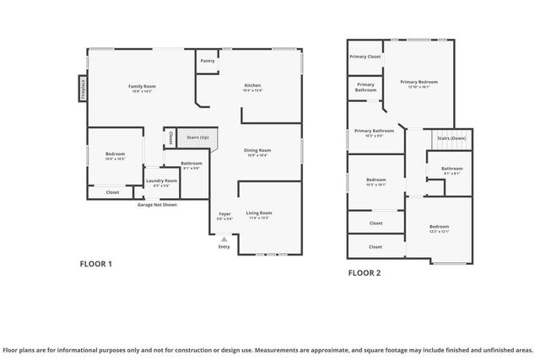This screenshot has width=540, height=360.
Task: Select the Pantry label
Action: (x=208, y=62)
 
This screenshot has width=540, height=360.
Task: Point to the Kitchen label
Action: (x=252, y=86)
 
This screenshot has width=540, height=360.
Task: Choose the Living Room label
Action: (x=258, y=213)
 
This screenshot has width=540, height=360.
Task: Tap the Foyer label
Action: (x=224, y=214)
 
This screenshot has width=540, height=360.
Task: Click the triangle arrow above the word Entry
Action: (x=224, y=239)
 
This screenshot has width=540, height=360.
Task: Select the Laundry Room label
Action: (x=161, y=180)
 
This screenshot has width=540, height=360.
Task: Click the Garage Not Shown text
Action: (x=157, y=204)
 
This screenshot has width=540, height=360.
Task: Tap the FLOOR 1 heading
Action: (x=95, y=264)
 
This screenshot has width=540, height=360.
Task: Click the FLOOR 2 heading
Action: (x=364, y=272)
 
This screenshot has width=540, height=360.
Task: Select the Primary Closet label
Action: (x=364, y=56)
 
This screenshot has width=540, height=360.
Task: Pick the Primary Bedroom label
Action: (x=418, y=82)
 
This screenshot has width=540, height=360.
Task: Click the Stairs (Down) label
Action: (x=451, y=137)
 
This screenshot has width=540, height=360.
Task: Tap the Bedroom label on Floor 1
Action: (x=115, y=153)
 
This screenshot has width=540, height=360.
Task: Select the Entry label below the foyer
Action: (x=224, y=246)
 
